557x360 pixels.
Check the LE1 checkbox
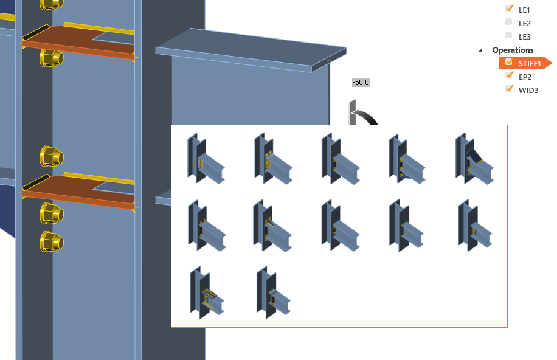[509, 8]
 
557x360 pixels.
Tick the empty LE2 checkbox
[509, 22]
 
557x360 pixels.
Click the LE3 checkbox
[509, 35]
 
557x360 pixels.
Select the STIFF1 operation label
[529, 64]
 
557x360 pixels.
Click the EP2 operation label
[525, 77]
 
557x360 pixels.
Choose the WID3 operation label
[528, 90]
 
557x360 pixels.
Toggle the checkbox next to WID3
[510, 88]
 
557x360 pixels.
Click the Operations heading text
[513, 50]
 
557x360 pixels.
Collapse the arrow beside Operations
[480, 50]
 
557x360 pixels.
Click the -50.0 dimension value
[361, 83]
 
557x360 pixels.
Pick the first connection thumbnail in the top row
[206, 159]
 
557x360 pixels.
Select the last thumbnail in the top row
[474, 159]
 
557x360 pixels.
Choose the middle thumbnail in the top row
[341, 159]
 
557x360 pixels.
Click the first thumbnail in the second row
[207, 226]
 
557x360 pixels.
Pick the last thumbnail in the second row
[475, 226]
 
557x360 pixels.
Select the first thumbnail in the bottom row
[207, 292]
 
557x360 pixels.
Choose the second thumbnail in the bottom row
[274, 292]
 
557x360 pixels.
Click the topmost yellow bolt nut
[52, 4]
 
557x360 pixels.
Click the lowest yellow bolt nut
[52, 242]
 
